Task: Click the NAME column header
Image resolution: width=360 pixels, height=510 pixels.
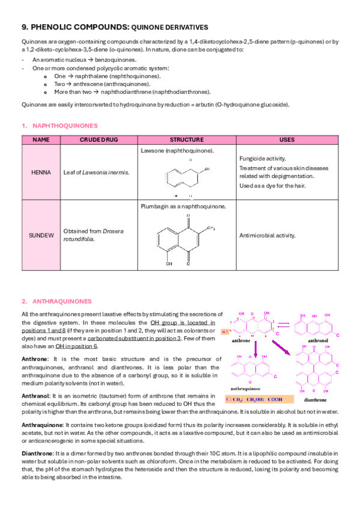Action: pos(40,140)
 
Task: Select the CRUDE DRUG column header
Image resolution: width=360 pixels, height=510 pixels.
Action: pos(99,140)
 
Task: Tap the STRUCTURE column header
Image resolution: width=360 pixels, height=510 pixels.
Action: pos(187,140)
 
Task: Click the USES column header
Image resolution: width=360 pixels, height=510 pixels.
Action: pos(287,140)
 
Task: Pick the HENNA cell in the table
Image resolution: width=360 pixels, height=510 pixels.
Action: pos(40,172)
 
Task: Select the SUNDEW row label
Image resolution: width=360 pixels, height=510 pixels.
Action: pos(40,235)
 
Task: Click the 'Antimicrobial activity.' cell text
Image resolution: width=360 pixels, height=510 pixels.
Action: pos(268,235)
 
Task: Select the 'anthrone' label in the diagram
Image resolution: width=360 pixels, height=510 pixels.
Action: pos(241,340)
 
